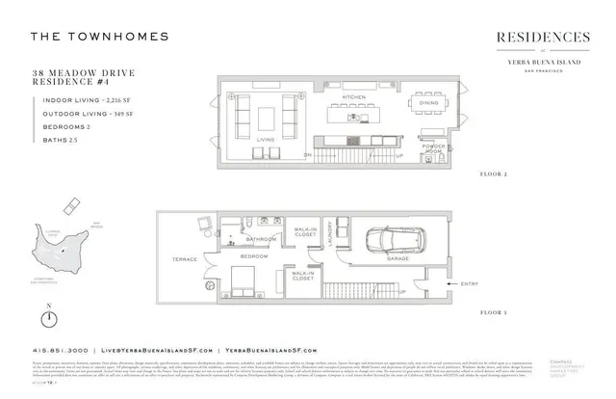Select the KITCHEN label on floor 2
click(x=353, y=97)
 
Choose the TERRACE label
click(x=185, y=259)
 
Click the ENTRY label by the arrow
click(x=470, y=283)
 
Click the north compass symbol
click(x=49, y=318)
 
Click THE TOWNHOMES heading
click(x=99, y=37)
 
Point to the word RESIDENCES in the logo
click(x=543, y=38)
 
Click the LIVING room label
click(x=266, y=140)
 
